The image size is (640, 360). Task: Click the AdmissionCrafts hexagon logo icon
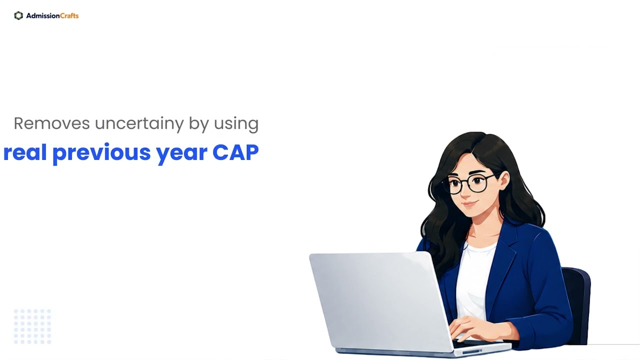tap(18, 15)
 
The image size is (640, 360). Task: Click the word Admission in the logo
tap(43, 15)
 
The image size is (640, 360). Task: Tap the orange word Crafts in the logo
tap(69, 15)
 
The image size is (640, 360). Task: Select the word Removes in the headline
tap(51, 123)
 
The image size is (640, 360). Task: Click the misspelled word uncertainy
tap(139, 124)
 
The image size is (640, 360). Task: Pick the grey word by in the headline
tap(199, 124)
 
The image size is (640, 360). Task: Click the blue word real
tap(25, 152)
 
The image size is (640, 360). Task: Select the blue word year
tap(181, 154)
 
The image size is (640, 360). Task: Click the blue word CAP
tap(235, 152)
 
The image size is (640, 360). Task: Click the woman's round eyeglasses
tap(468, 183)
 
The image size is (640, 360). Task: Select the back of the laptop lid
tap(380, 300)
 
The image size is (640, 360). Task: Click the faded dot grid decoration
tap(32, 326)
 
